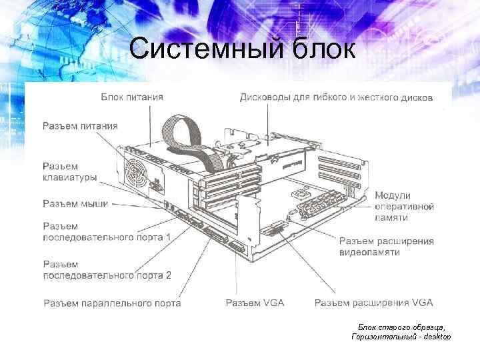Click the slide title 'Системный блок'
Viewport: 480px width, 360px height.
pyautogui.click(x=243, y=48)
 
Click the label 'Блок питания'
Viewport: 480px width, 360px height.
pyautogui.click(x=132, y=97)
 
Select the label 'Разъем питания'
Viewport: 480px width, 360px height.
pyautogui.click(x=81, y=125)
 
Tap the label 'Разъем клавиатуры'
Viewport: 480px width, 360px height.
pyautogui.click(x=70, y=172)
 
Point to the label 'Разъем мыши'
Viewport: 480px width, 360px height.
pyautogui.click(x=75, y=203)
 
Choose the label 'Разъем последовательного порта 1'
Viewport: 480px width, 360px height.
pyautogui.click(x=107, y=231)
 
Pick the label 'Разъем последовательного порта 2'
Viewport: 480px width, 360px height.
pyautogui.click(x=107, y=269)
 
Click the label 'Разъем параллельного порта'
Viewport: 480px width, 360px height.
pyautogui.click(x=112, y=303)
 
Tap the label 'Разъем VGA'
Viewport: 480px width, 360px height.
pyautogui.click(x=255, y=303)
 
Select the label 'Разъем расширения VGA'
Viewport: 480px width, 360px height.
pyautogui.click(x=373, y=303)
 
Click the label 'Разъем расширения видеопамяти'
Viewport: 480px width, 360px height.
pyautogui.click(x=386, y=247)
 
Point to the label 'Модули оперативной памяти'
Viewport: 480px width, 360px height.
pyautogui.click(x=404, y=207)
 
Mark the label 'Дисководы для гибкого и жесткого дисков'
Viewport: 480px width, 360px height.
pyautogui.click(x=336, y=97)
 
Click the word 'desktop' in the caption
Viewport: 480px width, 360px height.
pyautogui.click(x=435, y=337)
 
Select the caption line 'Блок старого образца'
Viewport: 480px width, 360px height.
pyautogui.click(x=401, y=327)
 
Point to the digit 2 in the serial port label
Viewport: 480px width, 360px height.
pyautogui.click(x=168, y=275)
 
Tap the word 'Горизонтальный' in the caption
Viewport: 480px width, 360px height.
pyautogui.click(x=381, y=337)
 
